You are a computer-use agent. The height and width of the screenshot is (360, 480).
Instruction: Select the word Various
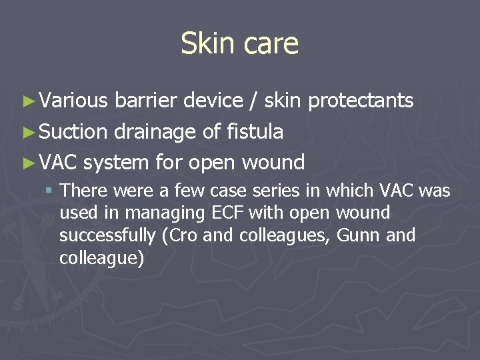[73, 101]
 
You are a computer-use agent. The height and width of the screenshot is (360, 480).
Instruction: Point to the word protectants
[361, 101]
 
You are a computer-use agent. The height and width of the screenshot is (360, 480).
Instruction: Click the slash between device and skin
[253, 101]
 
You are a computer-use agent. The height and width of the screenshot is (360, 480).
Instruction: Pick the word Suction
[73, 132]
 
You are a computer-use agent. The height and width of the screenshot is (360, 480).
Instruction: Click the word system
[117, 162]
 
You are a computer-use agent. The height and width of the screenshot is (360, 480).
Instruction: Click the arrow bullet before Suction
[27, 132]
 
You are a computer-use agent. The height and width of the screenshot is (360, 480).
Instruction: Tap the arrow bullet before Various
[27, 101]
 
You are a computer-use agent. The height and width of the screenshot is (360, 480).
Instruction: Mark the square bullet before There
[49, 191]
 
